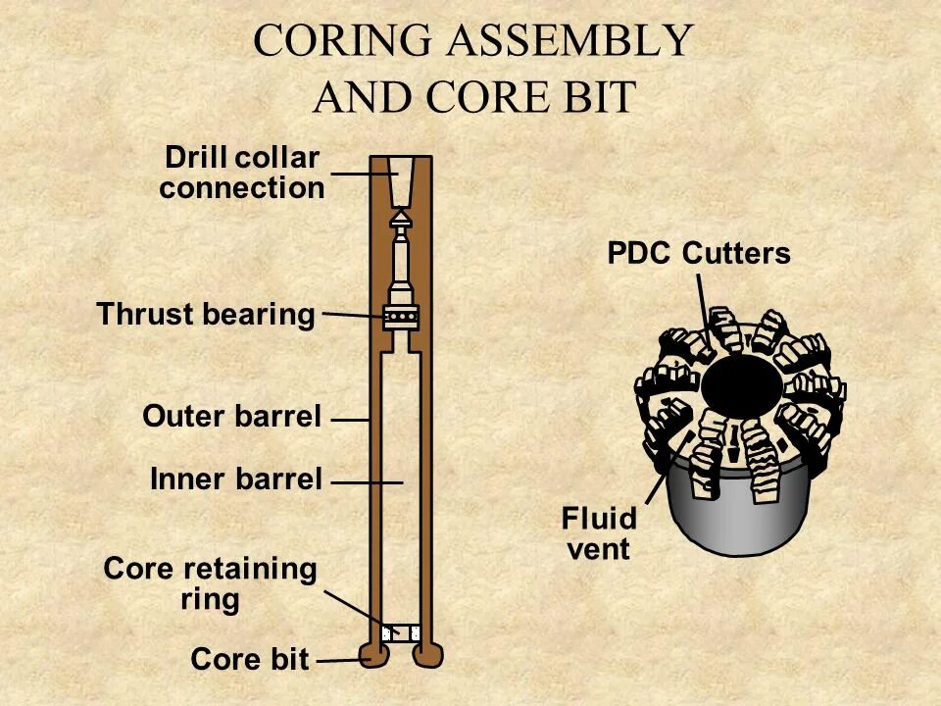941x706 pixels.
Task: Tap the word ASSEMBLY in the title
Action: (x=570, y=41)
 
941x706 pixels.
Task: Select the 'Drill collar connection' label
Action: (x=242, y=173)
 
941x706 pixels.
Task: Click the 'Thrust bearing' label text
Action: (x=206, y=315)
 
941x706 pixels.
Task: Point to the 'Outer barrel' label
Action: (x=232, y=417)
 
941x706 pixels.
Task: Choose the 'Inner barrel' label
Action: (x=236, y=479)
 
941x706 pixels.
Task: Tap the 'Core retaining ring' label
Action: (x=211, y=583)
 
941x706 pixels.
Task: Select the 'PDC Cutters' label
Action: (x=699, y=254)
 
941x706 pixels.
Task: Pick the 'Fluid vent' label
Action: (x=599, y=533)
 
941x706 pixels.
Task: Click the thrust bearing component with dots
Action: (x=401, y=317)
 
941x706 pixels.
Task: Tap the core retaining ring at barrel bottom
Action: (x=401, y=633)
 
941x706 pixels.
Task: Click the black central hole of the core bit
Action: (x=742, y=385)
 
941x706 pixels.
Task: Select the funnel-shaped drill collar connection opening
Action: (x=401, y=177)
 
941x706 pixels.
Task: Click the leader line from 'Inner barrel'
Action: (x=367, y=482)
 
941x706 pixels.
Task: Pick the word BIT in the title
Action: (x=594, y=97)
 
